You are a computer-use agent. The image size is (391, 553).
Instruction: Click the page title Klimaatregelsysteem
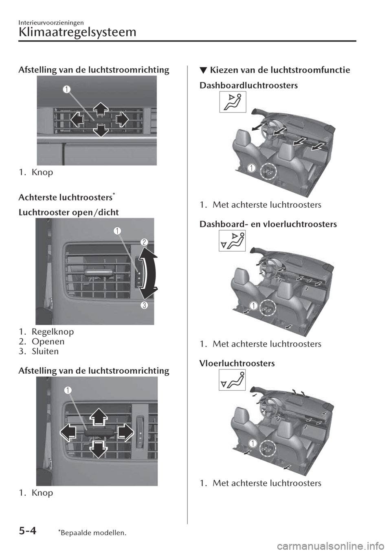coord(77,33)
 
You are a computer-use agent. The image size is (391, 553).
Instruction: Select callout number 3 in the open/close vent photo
coord(145,305)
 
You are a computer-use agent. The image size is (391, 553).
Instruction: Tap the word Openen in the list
coord(48,342)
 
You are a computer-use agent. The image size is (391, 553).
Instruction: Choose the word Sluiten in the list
coord(45,351)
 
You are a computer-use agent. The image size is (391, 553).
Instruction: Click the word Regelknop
coord(53,332)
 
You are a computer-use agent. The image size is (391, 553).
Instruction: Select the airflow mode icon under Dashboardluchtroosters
coord(233,102)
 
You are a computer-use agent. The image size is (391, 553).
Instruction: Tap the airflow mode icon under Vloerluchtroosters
coord(232,380)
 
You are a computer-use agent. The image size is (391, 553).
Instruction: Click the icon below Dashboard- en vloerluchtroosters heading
coord(232,241)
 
